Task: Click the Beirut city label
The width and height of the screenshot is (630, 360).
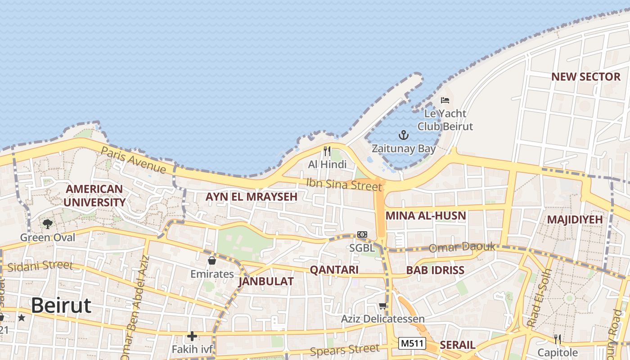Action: pos(61,306)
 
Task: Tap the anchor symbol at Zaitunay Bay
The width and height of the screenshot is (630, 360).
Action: pos(404,135)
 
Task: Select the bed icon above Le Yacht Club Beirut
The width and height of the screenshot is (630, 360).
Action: pos(445,100)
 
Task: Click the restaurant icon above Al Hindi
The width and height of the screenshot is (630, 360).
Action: pos(327,151)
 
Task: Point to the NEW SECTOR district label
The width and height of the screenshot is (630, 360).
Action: pos(586,77)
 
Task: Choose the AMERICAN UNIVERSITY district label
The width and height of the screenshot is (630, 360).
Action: pos(94,195)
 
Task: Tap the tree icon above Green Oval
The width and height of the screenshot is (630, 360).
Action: pos(47,224)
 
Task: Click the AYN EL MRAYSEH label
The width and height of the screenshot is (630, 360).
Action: pos(252,197)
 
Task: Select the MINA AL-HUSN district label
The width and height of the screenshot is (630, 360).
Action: pos(426,216)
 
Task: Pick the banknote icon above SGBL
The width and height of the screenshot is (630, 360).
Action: pos(362,234)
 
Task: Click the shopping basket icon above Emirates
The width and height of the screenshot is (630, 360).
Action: pos(212,261)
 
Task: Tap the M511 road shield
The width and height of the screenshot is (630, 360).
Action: pos(412,343)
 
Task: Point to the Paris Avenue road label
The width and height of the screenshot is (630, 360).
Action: pos(133,160)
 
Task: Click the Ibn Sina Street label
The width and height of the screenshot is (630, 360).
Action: pos(344,184)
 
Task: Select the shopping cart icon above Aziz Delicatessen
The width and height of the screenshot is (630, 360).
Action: pos(382,306)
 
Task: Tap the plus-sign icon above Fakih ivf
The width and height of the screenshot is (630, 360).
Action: pos(192,336)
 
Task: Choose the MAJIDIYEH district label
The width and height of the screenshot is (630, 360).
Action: pos(575,220)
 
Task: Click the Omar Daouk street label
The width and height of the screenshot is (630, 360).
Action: pos(462,247)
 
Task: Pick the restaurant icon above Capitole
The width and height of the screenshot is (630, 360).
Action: pos(558,339)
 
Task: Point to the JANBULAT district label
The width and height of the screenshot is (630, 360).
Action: pos(266,282)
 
